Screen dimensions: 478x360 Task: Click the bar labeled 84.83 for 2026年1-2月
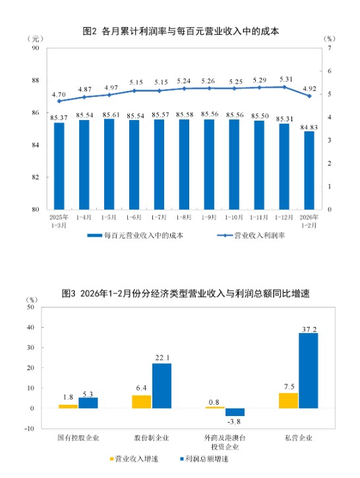click(309, 170)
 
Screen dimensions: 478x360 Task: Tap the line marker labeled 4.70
click(59, 101)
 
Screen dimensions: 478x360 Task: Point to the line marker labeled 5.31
click(284, 87)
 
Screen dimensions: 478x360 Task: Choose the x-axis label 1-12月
click(284, 217)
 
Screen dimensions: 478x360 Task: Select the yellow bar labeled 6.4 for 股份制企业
click(142, 402)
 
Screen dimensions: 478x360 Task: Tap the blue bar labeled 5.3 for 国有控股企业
click(88, 403)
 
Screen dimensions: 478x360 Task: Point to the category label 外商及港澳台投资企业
click(225, 441)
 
